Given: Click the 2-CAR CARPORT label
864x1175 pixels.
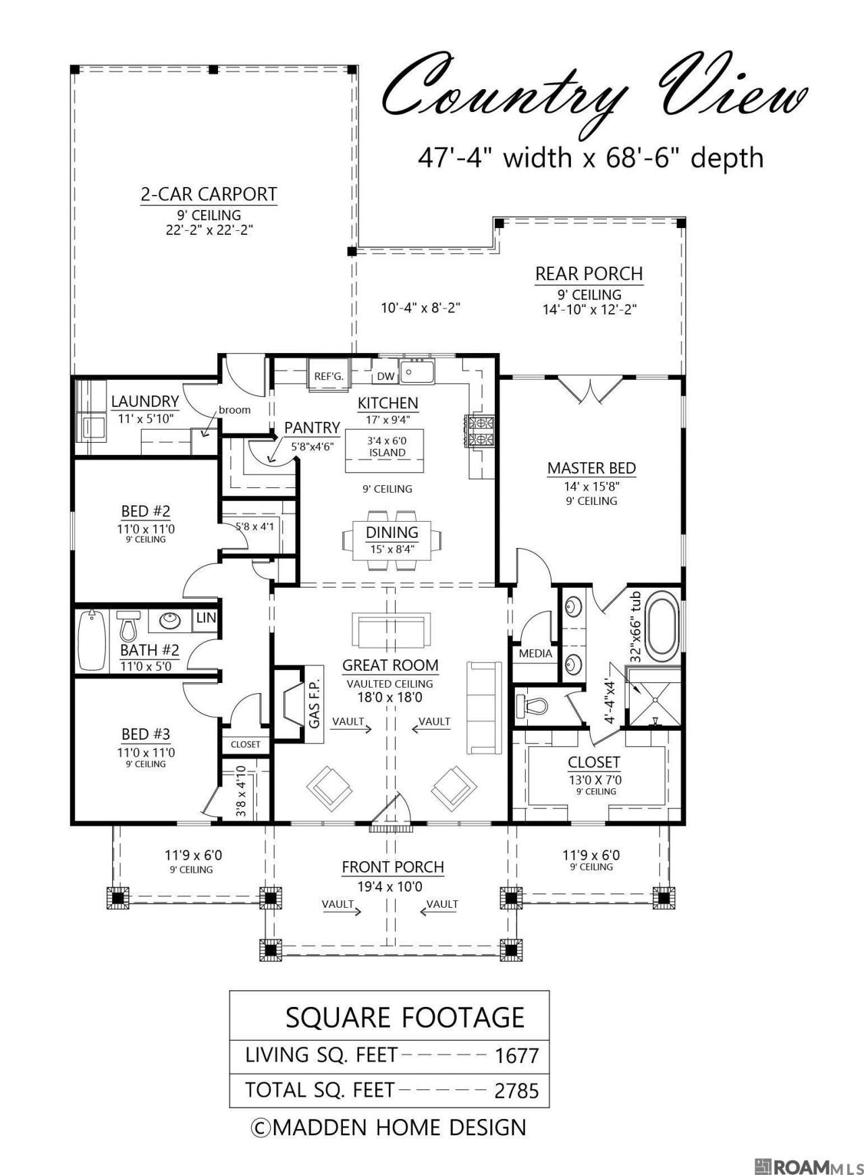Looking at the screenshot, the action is pyautogui.click(x=209, y=194).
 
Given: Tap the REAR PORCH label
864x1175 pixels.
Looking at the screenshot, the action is pyautogui.click(x=589, y=274).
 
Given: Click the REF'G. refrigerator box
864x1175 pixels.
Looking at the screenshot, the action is pyautogui.click(x=329, y=376).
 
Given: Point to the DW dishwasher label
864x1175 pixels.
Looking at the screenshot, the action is pyautogui.click(x=385, y=377).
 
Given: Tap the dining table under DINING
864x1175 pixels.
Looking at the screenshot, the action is pyautogui.click(x=392, y=539).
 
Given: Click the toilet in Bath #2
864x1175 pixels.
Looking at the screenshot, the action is pyautogui.click(x=128, y=626).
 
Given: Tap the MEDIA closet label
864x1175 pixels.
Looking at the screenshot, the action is pyautogui.click(x=535, y=653).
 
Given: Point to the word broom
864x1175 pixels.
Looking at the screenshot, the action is pyautogui.click(x=234, y=410).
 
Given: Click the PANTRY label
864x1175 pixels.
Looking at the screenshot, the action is pyautogui.click(x=312, y=427).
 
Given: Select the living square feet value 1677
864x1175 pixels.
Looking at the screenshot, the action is pyautogui.click(x=517, y=1056).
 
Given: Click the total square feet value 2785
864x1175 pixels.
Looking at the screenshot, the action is pyautogui.click(x=517, y=1091).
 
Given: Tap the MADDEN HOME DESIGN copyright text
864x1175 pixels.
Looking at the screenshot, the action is pyautogui.click(x=388, y=1128).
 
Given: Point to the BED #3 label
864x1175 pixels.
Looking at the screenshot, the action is pyautogui.click(x=146, y=734).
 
